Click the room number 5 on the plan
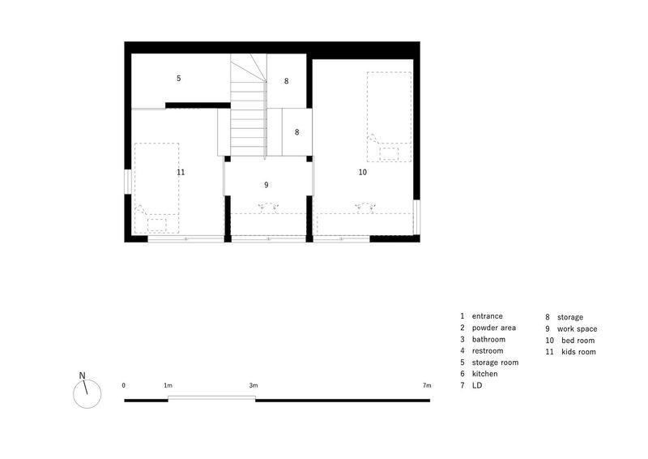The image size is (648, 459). click(x=178, y=78)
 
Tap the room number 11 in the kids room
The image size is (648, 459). click(x=181, y=172)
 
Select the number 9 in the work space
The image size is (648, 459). click(x=266, y=185)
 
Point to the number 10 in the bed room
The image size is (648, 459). click(x=362, y=172)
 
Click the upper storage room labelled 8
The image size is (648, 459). click(x=286, y=81)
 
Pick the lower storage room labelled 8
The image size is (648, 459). click(x=296, y=132)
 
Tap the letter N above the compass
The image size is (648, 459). click(x=83, y=375)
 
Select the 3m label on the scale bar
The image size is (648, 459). click(x=254, y=386)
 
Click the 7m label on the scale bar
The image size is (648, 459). click(x=427, y=386)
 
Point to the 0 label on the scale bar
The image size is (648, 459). click(x=124, y=385)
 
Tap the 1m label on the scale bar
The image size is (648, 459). click(x=168, y=386)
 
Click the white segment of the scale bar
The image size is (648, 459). click(x=211, y=398)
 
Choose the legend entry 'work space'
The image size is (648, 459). click(x=577, y=329)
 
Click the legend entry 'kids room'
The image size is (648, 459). click(x=578, y=352)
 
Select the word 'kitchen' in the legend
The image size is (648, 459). click(x=484, y=374)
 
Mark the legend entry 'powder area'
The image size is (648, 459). click(x=494, y=328)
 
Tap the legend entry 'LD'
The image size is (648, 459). click(x=477, y=385)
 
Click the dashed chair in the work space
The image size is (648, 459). click(x=269, y=207)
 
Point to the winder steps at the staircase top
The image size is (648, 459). click(x=248, y=68)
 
